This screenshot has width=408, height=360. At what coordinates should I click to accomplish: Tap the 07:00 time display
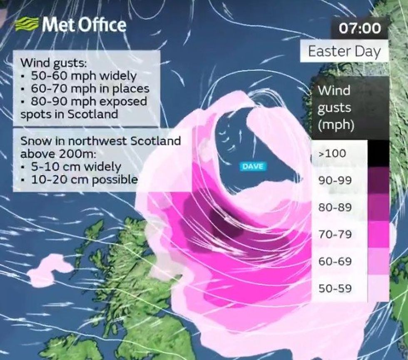(360, 28)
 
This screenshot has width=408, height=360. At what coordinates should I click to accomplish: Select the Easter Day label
(344, 52)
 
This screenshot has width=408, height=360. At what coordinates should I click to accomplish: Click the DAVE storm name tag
(253, 166)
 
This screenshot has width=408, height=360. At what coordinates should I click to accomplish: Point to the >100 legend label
(332, 153)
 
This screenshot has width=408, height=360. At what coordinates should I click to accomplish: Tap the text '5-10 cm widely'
(76, 167)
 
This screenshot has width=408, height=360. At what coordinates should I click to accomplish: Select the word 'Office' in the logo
(102, 25)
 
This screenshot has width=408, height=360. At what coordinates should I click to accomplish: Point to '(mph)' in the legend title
(336, 126)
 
